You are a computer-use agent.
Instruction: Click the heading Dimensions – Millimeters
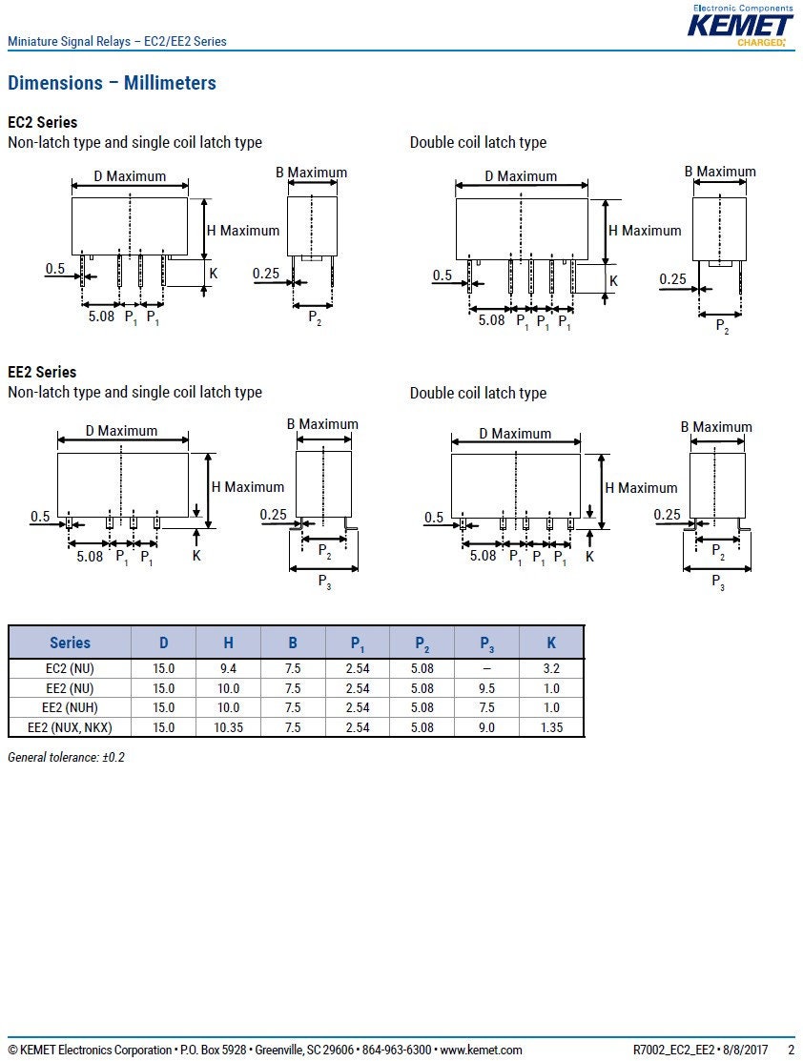click(x=112, y=83)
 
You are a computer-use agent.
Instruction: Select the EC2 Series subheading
click(x=42, y=122)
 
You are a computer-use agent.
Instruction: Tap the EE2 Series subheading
click(x=42, y=372)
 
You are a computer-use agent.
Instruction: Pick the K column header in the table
click(x=551, y=643)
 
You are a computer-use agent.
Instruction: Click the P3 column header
click(x=486, y=644)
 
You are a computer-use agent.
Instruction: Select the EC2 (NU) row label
click(x=70, y=668)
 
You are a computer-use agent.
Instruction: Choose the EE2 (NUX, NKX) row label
click(x=70, y=727)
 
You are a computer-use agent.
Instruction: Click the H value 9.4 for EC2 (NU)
click(x=228, y=668)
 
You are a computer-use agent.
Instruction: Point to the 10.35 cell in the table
click(x=228, y=727)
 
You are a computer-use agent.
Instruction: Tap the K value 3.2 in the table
click(x=551, y=668)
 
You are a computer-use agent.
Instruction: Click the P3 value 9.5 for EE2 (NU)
click(x=486, y=688)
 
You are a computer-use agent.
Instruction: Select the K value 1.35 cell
click(x=551, y=727)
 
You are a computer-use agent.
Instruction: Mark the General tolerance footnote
click(x=67, y=757)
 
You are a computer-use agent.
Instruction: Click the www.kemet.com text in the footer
click(x=481, y=1051)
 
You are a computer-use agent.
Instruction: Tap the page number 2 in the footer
click(x=791, y=1051)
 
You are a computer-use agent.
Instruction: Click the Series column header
click(x=70, y=643)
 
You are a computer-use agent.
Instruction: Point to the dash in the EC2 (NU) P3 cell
click(x=486, y=668)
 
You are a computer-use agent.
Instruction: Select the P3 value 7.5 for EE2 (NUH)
click(x=486, y=707)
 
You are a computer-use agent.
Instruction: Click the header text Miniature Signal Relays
click(x=69, y=41)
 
